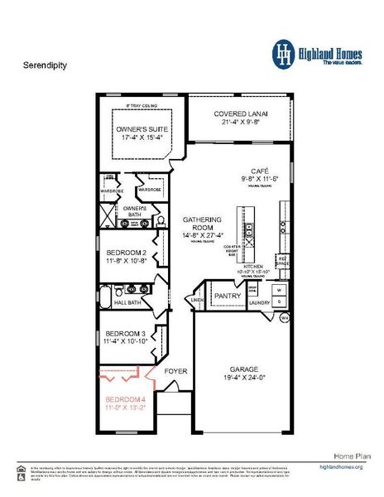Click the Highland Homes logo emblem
click(x=284, y=54)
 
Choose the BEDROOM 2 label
click(x=126, y=256)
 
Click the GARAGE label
click(x=242, y=373)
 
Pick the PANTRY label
click(x=227, y=295)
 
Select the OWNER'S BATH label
click(x=134, y=210)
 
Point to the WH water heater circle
click(x=284, y=317)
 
